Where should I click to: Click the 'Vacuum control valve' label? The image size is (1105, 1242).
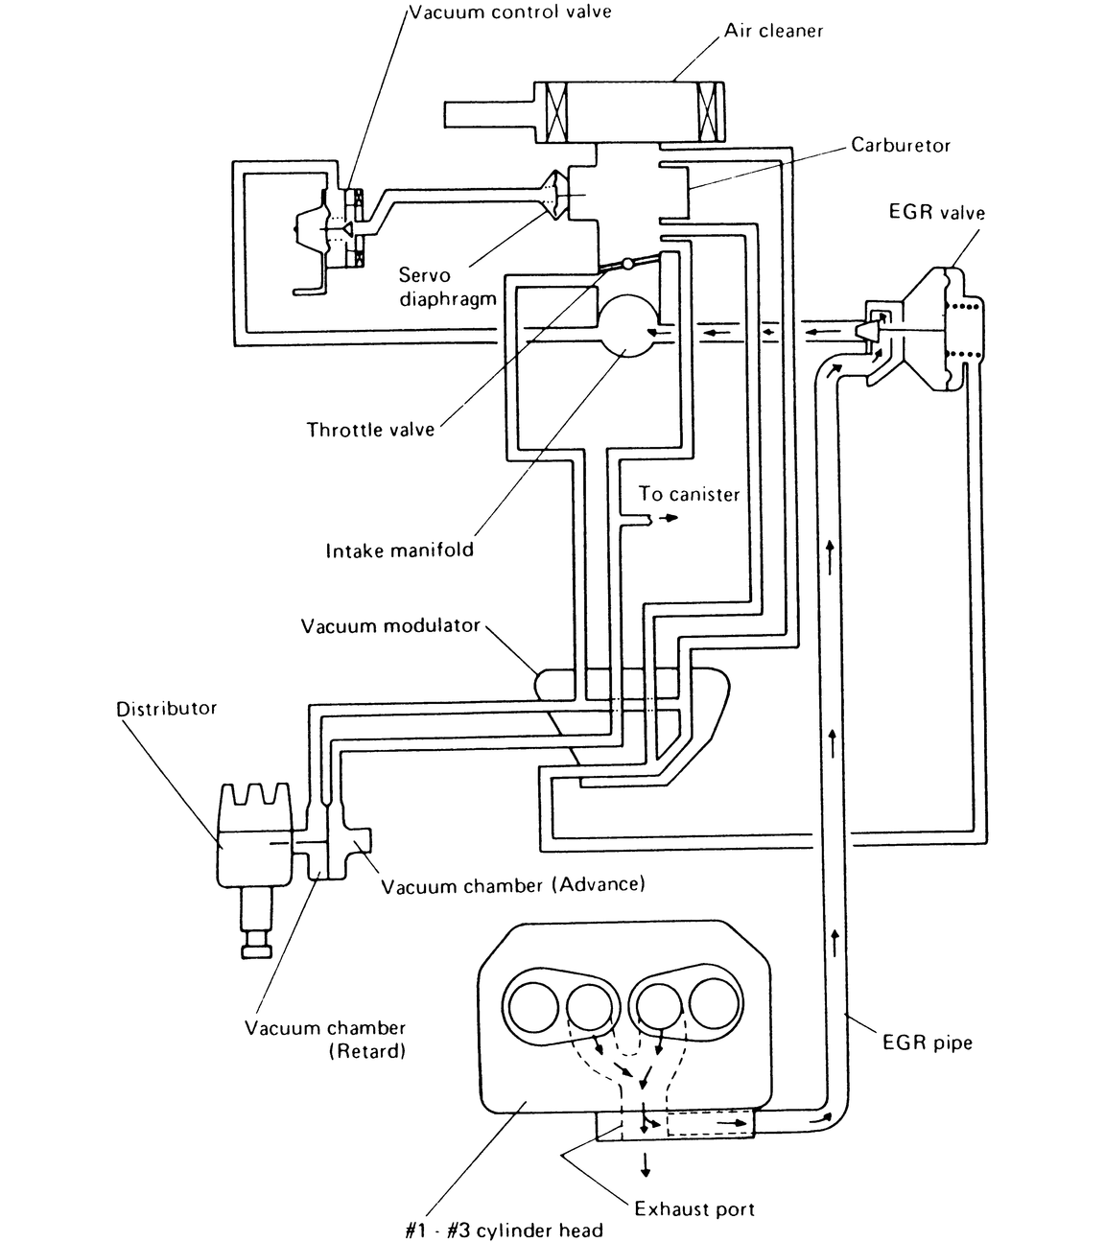[x=509, y=12]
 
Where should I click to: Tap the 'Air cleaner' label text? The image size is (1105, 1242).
[x=773, y=31]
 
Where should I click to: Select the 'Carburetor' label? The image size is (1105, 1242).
[x=901, y=146]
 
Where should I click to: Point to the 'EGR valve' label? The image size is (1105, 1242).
[x=936, y=212]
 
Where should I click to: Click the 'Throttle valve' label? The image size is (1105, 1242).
[x=370, y=430]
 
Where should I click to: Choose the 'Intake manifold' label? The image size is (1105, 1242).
[x=400, y=551]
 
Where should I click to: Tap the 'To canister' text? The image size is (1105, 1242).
[x=689, y=495]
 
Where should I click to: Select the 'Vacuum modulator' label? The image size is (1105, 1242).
[x=389, y=626]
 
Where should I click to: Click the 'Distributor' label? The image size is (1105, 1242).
[x=166, y=709]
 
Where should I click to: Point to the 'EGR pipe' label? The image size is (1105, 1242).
[x=927, y=1043]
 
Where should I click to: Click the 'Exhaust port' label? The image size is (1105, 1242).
[x=694, y=1208]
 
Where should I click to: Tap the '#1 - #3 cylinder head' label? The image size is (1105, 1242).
[x=504, y=1230]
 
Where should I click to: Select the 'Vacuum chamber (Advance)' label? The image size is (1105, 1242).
[x=513, y=884]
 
